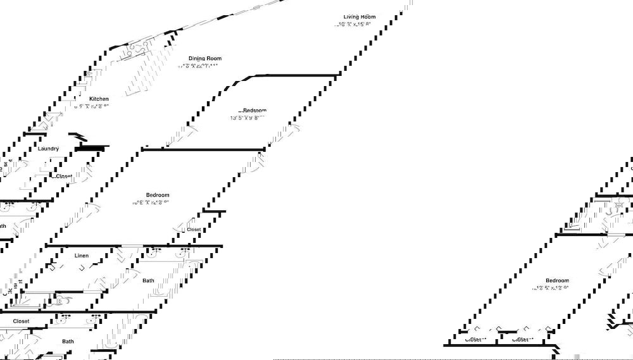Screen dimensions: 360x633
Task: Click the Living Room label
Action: pos(359,17)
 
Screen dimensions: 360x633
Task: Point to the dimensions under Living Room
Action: pos(353,25)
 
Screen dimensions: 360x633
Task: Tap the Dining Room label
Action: pos(205,58)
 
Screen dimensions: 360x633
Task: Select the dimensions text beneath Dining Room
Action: pos(198,66)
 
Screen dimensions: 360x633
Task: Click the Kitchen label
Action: pos(99,99)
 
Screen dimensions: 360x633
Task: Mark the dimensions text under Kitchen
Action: pos(92,107)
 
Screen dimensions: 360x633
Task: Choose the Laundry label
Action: pos(49,149)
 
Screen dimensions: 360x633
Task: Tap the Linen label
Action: pos(82,256)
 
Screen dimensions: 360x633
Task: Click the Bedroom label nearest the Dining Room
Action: pos(253,110)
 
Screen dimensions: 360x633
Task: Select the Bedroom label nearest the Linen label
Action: pos(158,195)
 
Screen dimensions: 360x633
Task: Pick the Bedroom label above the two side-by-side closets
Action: pos(557,280)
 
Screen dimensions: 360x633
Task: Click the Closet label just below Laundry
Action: pos(64,177)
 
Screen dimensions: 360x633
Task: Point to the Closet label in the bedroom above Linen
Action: pos(194,230)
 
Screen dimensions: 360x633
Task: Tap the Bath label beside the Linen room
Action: pos(148,280)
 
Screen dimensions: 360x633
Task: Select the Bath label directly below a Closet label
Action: pos(68,342)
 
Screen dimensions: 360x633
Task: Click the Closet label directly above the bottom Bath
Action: pos(22,321)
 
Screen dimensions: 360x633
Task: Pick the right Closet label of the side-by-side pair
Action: pos(522,340)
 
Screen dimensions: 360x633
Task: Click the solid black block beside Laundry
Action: pos(89,149)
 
